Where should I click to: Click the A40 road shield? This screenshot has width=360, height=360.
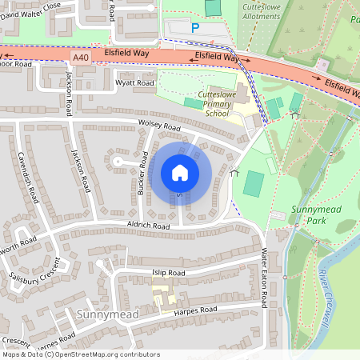click(80, 58)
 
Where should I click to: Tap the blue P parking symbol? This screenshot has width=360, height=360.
click(194, 28)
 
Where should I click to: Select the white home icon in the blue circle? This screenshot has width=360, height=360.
click(180, 173)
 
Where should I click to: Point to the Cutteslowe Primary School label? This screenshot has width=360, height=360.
click(206, 103)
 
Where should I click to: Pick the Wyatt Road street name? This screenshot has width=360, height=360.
click(134, 82)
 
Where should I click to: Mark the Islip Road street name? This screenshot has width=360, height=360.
click(168, 273)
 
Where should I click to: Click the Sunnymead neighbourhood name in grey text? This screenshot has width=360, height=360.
click(108, 314)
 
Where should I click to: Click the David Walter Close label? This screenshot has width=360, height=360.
click(30, 6)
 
